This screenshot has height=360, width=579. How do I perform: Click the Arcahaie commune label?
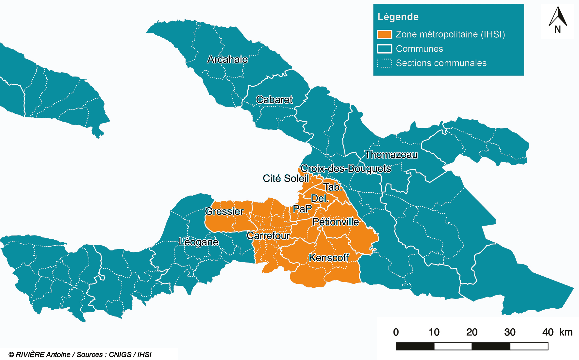(x=227, y=59)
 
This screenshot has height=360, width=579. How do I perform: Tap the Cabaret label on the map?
(x=274, y=100)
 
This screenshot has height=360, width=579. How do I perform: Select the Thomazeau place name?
(x=391, y=155)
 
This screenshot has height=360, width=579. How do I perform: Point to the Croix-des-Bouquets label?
(x=346, y=168)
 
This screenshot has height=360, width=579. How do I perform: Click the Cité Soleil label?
(x=286, y=179)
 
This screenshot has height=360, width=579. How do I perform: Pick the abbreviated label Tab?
(x=333, y=187)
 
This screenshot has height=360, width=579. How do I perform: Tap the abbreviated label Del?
(x=320, y=198)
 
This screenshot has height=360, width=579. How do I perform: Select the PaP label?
(x=302, y=209)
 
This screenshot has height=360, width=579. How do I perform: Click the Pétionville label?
(x=336, y=222)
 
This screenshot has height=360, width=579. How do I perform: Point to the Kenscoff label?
(x=329, y=258)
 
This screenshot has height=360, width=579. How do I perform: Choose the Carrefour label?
(x=268, y=236)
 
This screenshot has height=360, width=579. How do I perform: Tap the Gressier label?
(x=224, y=211)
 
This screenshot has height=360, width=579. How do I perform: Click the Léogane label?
(x=199, y=242)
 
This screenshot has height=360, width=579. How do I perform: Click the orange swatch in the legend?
(x=384, y=34)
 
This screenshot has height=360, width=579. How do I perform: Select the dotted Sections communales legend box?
(x=384, y=63)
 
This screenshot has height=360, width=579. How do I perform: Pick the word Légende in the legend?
(x=398, y=17)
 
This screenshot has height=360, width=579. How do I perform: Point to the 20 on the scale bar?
(x=472, y=332)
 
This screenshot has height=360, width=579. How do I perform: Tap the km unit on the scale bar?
(x=566, y=332)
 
